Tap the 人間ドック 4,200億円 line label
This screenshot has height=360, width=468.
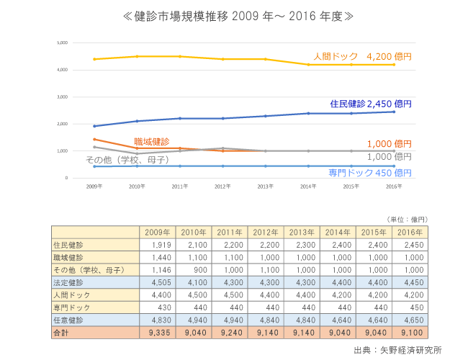(362, 55)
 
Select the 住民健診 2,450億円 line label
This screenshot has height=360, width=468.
(371, 104)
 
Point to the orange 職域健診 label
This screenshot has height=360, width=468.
(152, 141)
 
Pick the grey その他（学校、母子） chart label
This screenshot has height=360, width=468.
(127, 159)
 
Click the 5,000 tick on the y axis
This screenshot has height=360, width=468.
(62, 43)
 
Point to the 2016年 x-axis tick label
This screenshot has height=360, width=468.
(395, 186)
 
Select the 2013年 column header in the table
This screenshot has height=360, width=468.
(302, 232)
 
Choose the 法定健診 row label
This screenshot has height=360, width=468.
(68, 283)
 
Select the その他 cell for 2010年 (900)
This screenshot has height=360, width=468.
(194, 270)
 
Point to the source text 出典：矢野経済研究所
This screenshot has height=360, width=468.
(397, 351)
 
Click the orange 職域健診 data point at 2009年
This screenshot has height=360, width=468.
(94, 139)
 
